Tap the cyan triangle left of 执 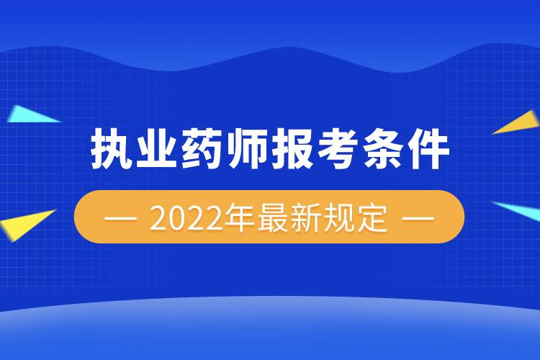coord(29,115)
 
